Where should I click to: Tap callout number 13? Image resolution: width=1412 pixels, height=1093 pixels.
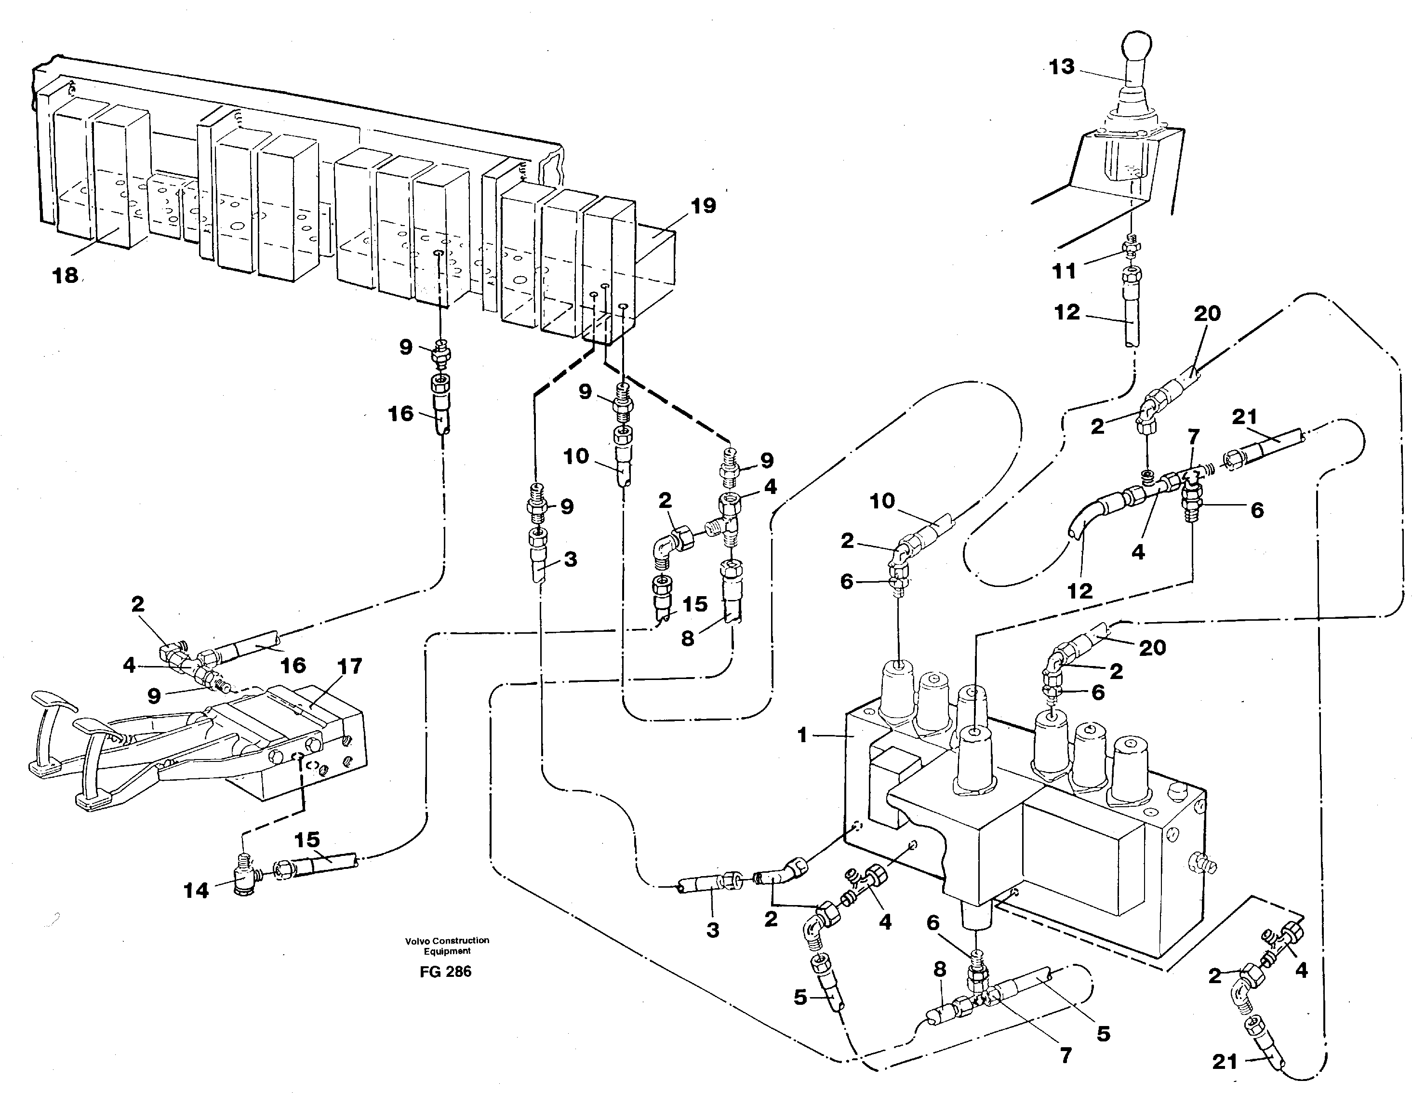pyautogui.click(x=1061, y=67)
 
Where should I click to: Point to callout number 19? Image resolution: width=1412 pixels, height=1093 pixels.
pyautogui.click(x=703, y=206)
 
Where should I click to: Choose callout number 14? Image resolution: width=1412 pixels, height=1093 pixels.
pyautogui.click(x=196, y=891)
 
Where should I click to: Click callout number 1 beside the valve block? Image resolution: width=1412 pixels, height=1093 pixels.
pyautogui.click(x=802, y=735)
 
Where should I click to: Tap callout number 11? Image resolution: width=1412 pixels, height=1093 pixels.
pyautogui.click(x=1064, y=271)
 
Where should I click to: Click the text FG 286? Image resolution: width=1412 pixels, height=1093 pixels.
pyautogui.click(x=445, y=972)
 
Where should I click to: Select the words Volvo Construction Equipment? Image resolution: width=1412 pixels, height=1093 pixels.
pyautogui.click(x=447, y=946)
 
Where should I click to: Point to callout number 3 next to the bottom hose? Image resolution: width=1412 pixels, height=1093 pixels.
pyautogui.click(x=712, y=930)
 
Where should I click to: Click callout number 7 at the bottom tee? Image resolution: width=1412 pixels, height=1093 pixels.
pyautogui.click(x=1066, y=1055)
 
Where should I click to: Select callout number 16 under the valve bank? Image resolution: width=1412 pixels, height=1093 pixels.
pyautogui.click(x=400, y=413)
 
